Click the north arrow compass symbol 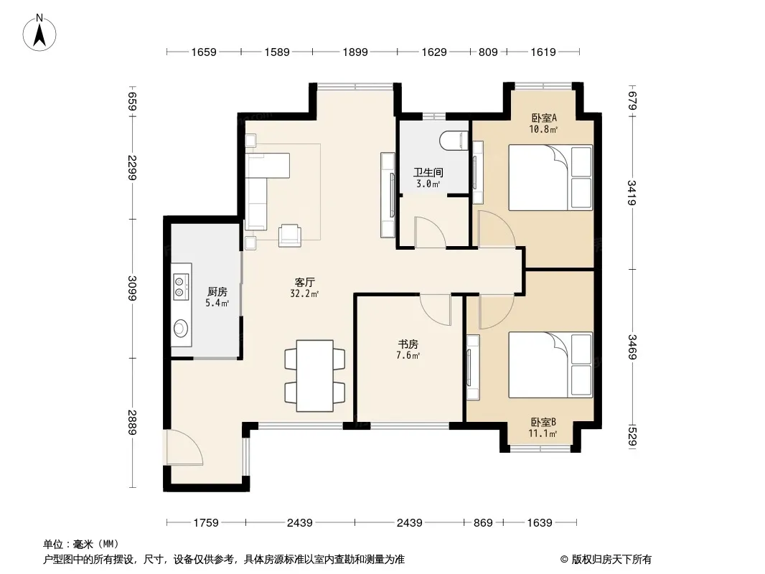point(39,33)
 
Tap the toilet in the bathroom point(454,141)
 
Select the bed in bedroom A point(550,177)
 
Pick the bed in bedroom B point(550,364)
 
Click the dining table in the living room point(315,375)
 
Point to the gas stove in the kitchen point(181,286)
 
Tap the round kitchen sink point(181,327)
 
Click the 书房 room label point(408,344)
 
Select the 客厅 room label point(305,283)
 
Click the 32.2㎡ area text point(304,294)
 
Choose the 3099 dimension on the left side point(132,288)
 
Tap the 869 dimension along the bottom point(483,523)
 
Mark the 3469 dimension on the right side point(632,347)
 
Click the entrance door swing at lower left point(184,447)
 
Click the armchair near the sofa point(290,235)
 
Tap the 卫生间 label point(428,173)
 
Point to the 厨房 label point(217,291)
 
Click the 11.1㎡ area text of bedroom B point(543,434)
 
